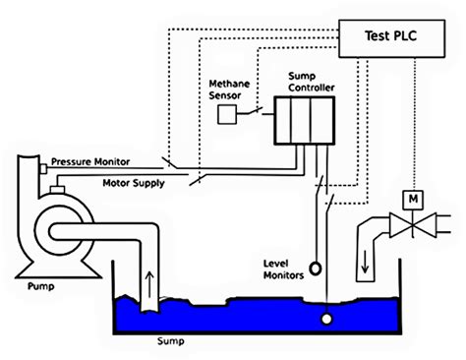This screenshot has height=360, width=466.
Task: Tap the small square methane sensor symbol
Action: (227, 115)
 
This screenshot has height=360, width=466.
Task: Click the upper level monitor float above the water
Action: (316, 267)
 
